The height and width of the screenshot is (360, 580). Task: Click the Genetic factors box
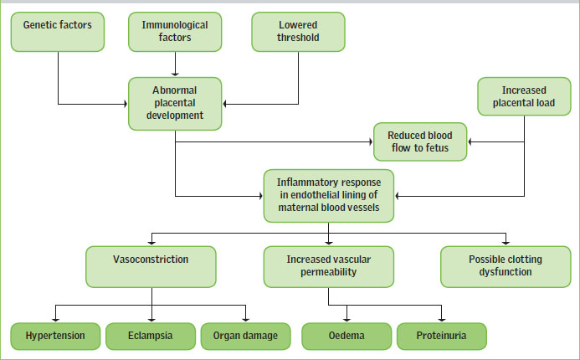pyautogui.click(x=58, y=32)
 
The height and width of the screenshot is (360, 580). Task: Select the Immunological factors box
pyautogui.click(x=175, y=32)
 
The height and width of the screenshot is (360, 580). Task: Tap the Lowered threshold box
pyautogui.click(x=298, y=32)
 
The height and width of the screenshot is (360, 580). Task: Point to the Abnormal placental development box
pyautogui.click(x=175, y=104)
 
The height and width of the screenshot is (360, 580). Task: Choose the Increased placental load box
pyautogui.click(x=524, y=96)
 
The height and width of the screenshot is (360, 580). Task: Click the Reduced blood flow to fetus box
pyautogui.click(x=420, y=141)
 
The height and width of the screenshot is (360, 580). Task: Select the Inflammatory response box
pyautogui.click(x=329, y=196)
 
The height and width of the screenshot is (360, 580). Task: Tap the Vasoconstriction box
pyautogui.click(x=151, y=267)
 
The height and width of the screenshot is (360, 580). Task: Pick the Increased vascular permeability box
pyautogui.click(x=329, y=267)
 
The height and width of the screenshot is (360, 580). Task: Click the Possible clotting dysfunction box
pyautogui.click(x=506, y=267)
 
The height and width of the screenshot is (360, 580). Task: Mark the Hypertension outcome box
pyautogui.click(x=55, y=336)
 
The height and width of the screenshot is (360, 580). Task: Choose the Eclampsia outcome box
pyautogui.click(x=151, y=336)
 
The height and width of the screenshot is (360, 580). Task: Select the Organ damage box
pyautogui.click(x=245, y=336)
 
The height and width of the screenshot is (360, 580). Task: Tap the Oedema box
pyautogui.click(x=346, y=336)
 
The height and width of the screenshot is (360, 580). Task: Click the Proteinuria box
pyautogui.click(x=442, y=336)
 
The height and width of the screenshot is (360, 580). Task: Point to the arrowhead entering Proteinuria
pyautogui.click(x=442, y=319)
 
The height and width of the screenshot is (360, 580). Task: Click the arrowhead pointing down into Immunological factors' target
pyautogui.click(x=175, y=74)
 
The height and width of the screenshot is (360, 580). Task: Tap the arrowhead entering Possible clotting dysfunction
pyautogui.click(x=506, y=243)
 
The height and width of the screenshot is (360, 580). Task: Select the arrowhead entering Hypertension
pyautogui.click(x=55, y=319)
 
